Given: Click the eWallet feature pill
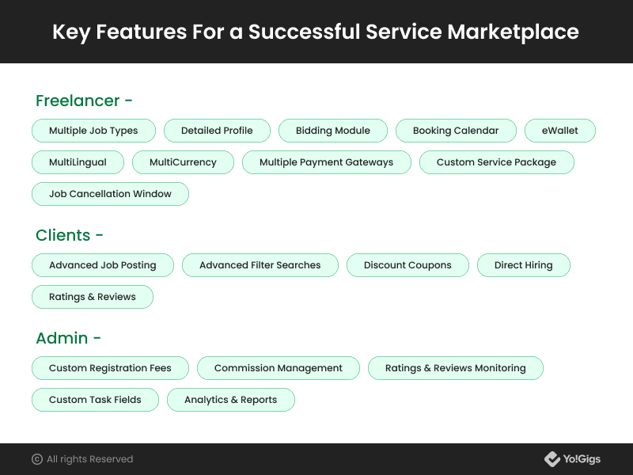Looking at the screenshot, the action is point(560,131).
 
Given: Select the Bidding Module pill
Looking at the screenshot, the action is point(333,131).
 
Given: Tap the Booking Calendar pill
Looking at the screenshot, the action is point(456,131).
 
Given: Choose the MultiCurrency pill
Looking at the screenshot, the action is point(183,162).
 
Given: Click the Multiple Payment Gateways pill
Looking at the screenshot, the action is point(327,162).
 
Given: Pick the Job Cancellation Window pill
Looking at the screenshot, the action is point(110,194).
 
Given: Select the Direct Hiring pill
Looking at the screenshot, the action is point(524,265).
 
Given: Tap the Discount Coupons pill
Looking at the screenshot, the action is point(407,265).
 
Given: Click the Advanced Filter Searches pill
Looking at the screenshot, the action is point(260,265).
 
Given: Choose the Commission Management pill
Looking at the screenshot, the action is point(279,368).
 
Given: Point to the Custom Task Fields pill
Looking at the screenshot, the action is point(95,400).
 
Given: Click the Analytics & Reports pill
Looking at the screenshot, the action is point(231,400).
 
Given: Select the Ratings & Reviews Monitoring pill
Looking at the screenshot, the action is point(456,368).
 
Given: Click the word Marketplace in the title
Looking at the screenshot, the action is point(513,32).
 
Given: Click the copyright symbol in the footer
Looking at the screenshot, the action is point(37,459).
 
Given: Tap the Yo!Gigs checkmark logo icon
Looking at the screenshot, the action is point(552,459).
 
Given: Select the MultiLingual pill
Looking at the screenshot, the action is point(78,162).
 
